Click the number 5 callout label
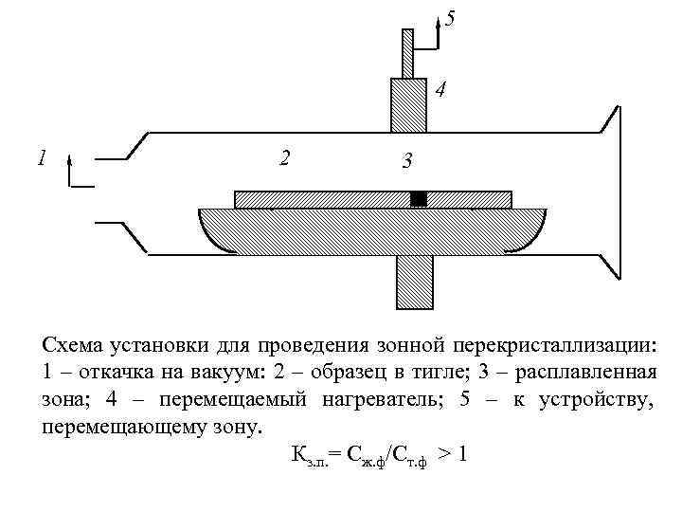pyautogui.click(x=450, y=18)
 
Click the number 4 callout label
pyautogui.click(x=440, y=91)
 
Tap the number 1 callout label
pyautogui.click(x=40, y=157)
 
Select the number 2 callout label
pyautogui.click(x=284, y=156)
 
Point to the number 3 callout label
pyautogui.click(x=405, y=162)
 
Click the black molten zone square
pyautogui.click(x=419, y=198)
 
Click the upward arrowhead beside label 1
pyautogui.click(x=70, y=163)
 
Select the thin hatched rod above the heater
pyautogui.click(x=407, y=53)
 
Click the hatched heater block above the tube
pyautogui.click(x=411, y=104)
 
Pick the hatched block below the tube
pyautogui.click(x=414, y=282)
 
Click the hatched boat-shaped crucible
pyautogui.click(x=372, y=230)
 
